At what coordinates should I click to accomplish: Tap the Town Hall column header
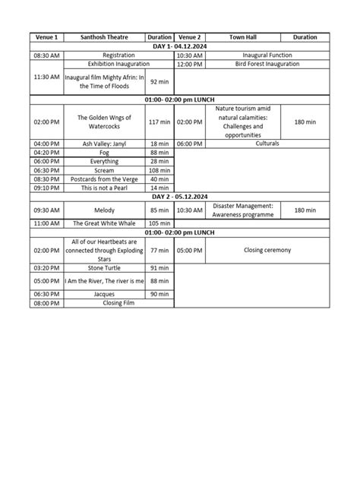pos(243,37)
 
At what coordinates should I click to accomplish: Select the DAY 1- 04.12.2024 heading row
pos(179,46)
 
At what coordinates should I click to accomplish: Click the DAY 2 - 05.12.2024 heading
pos(179,197)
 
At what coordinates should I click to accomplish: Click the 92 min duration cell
pos(159,82)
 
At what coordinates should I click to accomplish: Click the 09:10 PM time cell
pos(46,188)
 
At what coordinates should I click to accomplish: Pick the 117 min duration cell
pos(159,122)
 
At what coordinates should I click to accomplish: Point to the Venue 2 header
pos(190,37)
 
